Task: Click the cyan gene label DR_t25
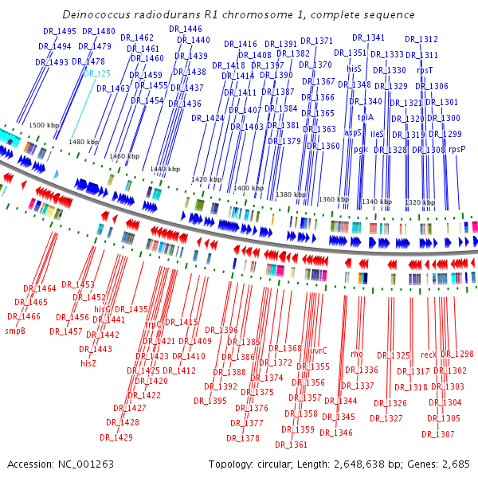click(x=96, y=73)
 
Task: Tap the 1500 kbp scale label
click(x=44, y=125)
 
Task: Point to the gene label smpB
click(x=16, y=330)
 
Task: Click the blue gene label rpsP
click(x=457, y=149)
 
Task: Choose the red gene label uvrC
click(x=318, y=350)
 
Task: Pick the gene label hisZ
click(x=88, y=362)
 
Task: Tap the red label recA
click(x=429, y=354)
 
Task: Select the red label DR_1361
click(x=291, y=445)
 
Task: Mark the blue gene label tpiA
click(x=365, y=117)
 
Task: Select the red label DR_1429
click(x=116, y=437)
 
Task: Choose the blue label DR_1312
click(x=421, y=39)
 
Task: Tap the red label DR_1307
click(x=437, y=434)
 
